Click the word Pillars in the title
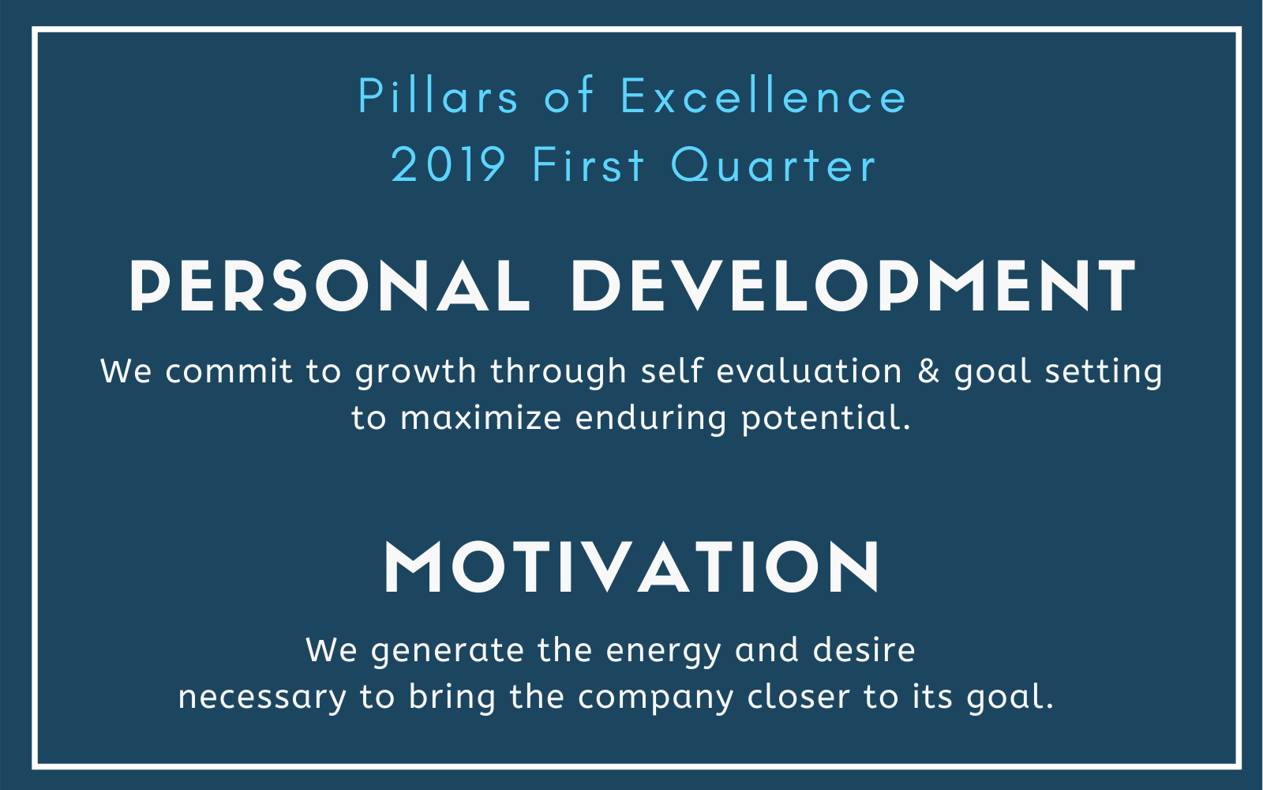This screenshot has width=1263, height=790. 438,96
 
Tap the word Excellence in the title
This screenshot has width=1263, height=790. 763,96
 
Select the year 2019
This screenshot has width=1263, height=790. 448,165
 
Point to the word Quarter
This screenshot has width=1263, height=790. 774,166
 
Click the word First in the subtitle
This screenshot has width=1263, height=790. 588,165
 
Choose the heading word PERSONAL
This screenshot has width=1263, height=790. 330,286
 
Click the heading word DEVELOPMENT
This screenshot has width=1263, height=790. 853,286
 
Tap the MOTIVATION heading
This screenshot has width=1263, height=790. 631,566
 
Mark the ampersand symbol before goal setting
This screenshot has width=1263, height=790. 928,371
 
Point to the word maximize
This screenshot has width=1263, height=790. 481,418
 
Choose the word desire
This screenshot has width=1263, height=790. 864,649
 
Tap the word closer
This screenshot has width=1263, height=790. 798,696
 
